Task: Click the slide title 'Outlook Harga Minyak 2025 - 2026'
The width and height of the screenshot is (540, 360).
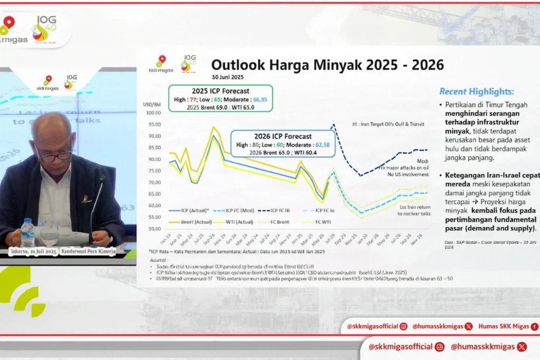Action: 327,65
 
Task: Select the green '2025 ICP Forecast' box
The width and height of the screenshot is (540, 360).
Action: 220,98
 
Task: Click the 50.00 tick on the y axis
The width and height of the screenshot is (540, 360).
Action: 153,229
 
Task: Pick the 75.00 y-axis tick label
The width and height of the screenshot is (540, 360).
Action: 153,171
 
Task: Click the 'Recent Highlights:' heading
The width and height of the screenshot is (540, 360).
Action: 476,91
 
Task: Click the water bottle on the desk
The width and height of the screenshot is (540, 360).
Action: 27,233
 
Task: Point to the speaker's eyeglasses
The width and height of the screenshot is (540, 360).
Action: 55,156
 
